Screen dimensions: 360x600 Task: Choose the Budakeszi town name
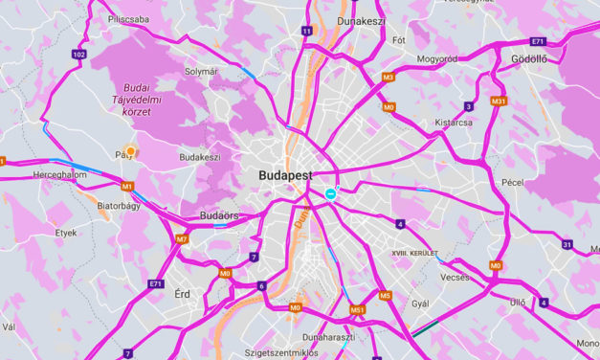pyautogui.click(x=200, y=157)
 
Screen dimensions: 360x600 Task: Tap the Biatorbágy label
pyautogui.click(x=121, y=203)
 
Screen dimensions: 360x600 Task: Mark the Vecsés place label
pyautogui.click(x=453, y=277)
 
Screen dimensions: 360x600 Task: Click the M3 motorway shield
pyautogui.click(x=388, y=77)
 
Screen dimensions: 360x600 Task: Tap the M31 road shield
pyautogui.click(x=498, y=101)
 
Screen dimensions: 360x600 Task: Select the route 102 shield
pyautogui.click(x=78, y=56)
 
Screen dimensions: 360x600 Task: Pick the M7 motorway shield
pyautogui.click(x=182, y=238)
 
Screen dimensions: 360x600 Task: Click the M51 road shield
pyautogui.click(x=357, y=309)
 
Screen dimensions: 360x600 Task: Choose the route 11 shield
pyautogui.click(x=306, y=31)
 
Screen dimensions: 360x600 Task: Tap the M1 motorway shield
pyautogui.click(x=126, y=186)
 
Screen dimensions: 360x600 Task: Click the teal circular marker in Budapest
pyautogui.click(x=330, y=193)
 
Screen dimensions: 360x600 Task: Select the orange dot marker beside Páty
pyautogui.click(x=131, y=150)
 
